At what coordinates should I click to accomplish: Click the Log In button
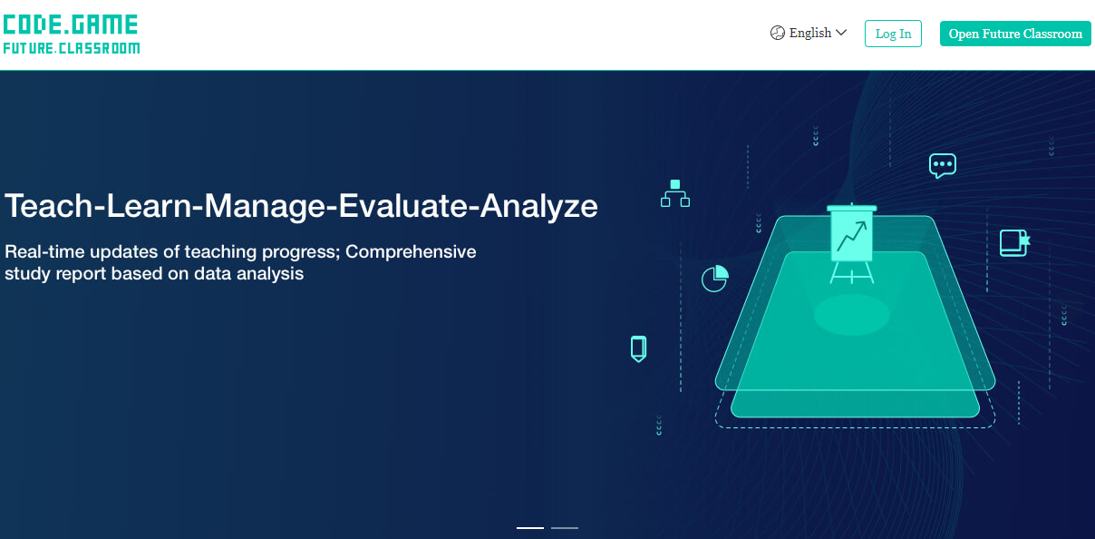[893, 34]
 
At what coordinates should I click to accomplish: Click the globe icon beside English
[777, 33]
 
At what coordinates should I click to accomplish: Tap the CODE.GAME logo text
[71, 24]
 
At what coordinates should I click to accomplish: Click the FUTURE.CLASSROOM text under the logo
[72, 48]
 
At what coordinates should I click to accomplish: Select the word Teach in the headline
[48, 206]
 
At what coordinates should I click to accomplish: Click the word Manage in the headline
[265, 207]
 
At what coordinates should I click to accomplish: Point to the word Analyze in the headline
[538, 207]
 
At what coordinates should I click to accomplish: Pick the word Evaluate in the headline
[403, 206]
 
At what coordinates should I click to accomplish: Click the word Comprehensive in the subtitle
[411, 251]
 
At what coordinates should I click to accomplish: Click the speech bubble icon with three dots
[943, 166]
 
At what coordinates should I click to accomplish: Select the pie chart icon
[714, 278]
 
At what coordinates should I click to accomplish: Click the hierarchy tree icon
[675, 193]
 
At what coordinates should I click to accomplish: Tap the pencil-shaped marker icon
[638, 348]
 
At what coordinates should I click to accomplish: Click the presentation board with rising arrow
[851, 243]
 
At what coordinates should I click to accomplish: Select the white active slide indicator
[530, 528]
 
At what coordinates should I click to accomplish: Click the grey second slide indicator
[565, 528]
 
